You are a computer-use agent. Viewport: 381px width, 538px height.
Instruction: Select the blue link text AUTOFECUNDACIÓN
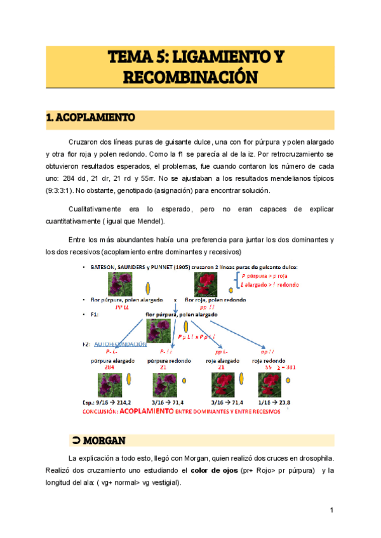[121, 344]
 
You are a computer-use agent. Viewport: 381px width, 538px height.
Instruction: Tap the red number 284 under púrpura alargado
[109, 367]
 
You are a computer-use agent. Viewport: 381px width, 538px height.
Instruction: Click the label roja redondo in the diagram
[269, 360]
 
